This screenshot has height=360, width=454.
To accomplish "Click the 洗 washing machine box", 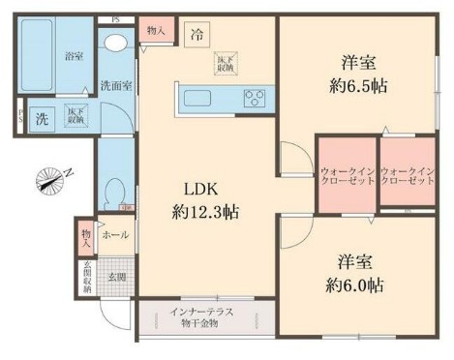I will pyautogui.click(x=42, y=120).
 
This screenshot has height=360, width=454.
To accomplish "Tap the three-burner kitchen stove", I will pyautogui.click(x=256, y=97).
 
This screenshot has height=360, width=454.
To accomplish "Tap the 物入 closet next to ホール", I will pyautogui.click(x=86, y=234).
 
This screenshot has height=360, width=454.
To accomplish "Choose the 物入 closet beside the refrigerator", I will pyautogui.click(x=156, y=31).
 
